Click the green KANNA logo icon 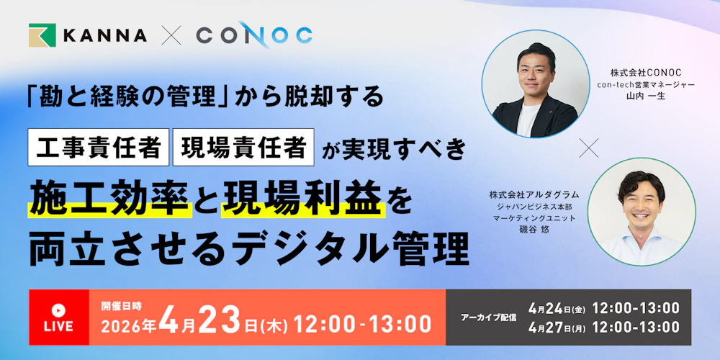pos(42,35)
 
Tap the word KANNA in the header pos(105,35)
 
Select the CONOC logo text pos(254,35)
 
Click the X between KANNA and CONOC pos(171,35)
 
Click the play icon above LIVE pos(59,309)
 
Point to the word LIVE pos(59,326)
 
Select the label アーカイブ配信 pos(488,318)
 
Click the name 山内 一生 pos(645,96)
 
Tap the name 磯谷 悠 pos(534,229)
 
